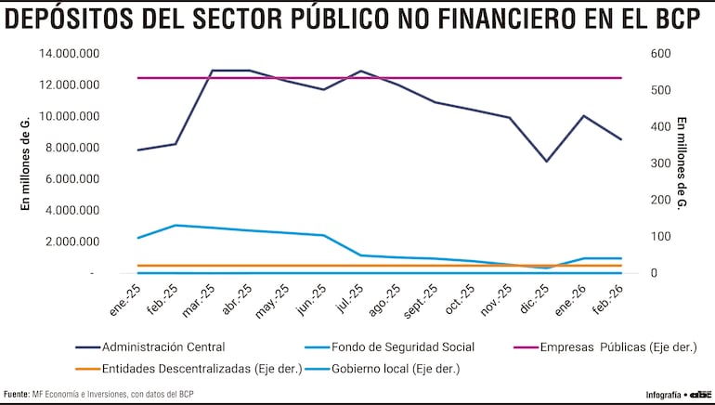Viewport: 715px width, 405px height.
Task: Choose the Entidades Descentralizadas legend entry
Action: tap(201, 368)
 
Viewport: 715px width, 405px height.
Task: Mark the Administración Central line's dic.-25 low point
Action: tap(547, 162)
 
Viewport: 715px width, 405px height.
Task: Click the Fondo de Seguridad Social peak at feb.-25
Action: tap(175, 225)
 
